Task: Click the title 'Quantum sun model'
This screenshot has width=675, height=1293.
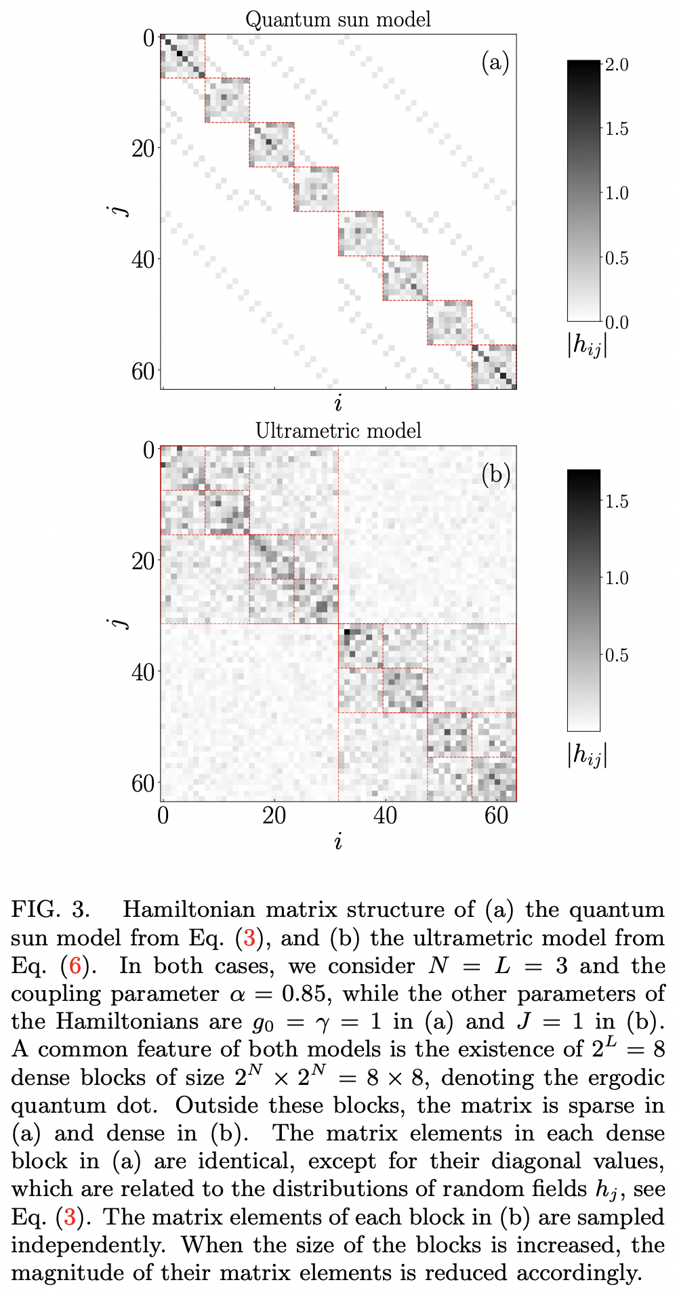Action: [337, 19]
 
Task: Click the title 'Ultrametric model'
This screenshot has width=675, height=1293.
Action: [337, 431]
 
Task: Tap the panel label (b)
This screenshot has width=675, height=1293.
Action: [495, 474]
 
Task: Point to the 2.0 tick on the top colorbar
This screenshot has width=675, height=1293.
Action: [616, 65]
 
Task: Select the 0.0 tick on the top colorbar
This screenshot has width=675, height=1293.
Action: [616, 322]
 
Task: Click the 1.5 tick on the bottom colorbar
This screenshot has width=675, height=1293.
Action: [616, 501]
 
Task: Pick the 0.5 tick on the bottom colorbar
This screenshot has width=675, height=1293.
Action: [616, 655]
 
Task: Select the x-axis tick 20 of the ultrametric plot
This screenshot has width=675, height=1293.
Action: [274, 816]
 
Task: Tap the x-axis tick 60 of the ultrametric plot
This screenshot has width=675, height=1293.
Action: [496, 816]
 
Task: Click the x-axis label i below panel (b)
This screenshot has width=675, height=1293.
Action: [337, 841]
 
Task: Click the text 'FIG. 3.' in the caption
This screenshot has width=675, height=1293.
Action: [51, 909]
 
